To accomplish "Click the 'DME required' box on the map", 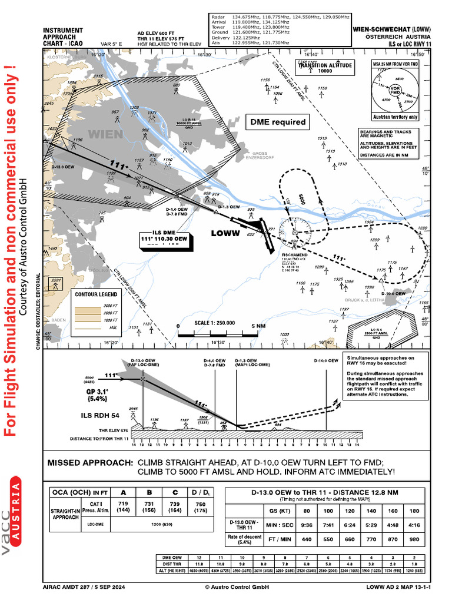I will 278,122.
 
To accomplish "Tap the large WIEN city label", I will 105,134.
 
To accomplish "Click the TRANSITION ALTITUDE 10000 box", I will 325,68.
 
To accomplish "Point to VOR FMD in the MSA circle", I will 395,91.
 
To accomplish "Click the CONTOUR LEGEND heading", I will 96,294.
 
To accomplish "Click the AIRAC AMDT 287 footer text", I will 84,587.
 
